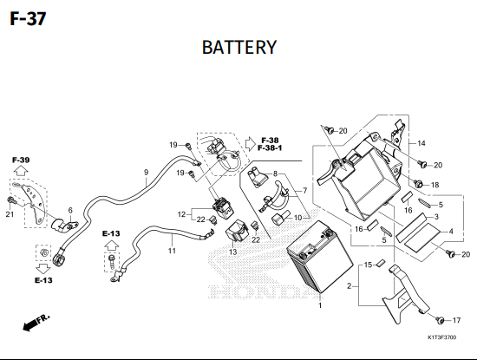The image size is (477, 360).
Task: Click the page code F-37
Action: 28,19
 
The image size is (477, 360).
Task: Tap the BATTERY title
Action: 239,48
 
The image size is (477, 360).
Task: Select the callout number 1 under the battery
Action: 320,305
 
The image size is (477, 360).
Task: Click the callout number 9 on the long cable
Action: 147,173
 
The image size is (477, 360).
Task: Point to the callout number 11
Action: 172,251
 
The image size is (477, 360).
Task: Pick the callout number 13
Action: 232,252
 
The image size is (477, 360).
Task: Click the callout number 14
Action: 421,143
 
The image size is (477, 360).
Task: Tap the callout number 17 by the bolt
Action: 456,320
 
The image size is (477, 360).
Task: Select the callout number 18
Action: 435,185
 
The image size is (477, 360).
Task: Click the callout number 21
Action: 10,214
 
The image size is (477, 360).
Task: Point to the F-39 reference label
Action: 21,160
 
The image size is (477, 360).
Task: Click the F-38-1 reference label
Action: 270,147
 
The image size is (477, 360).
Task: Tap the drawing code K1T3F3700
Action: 441,337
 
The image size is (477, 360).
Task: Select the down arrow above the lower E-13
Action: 43,269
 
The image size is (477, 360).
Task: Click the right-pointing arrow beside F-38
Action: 251,144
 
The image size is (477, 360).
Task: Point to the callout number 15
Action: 368,265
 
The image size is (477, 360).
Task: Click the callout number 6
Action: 70,210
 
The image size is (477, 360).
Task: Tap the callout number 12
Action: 181,214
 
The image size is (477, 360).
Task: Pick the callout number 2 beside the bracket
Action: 350,286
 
